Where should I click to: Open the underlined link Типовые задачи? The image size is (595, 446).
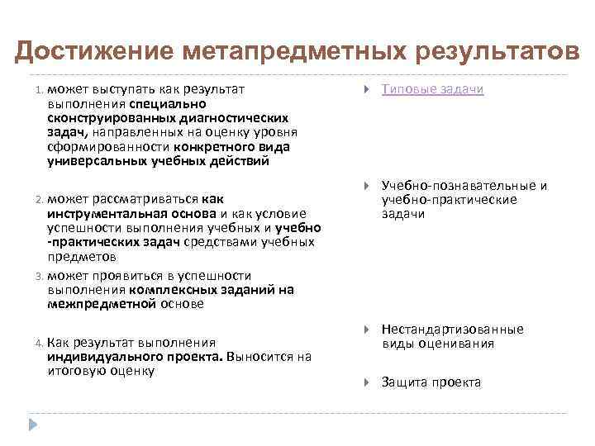click(x=432, y=88)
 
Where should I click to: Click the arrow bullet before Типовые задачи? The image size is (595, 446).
click(x=366, y=88)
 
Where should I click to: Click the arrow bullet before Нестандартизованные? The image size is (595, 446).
click(x=366, y=330)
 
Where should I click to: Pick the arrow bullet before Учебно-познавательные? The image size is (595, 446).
click(x=366, y=186)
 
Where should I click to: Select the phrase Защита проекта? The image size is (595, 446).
click(x=431, y=382)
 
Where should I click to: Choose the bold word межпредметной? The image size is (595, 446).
click(x=102, y=304)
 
